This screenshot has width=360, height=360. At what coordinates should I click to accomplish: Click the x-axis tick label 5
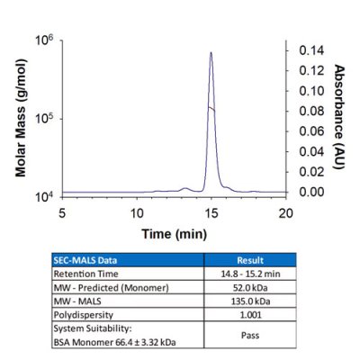pyautogui.click(x=62, y=213)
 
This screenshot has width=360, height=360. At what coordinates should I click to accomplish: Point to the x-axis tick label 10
pyautogui.click(x=137, y=213)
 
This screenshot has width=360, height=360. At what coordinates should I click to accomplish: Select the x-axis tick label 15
pyautogui.click(x=211, y=213)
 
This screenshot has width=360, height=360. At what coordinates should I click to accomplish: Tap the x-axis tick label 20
pyautogui.click(x=285, y=213)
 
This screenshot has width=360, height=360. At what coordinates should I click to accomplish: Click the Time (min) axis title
pyautogui.click(x=174, y=232)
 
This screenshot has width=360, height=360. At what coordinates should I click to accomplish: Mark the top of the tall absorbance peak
pyautogui.click(x=211, y=52)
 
